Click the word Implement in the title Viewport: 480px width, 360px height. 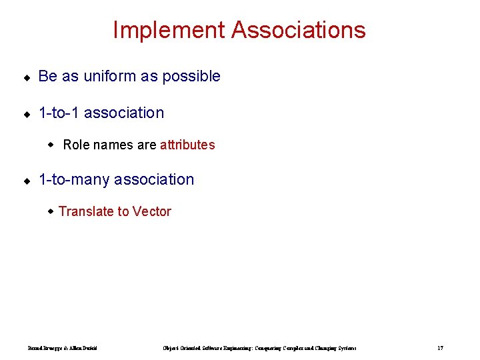pos(169,30)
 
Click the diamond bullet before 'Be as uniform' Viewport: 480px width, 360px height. pos(26,77)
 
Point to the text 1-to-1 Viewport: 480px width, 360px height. pos(59,113)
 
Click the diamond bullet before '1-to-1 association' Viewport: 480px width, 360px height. pos(26,114)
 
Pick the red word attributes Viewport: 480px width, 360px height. pos(187,145)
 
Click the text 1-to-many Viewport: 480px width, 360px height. pos(74,179)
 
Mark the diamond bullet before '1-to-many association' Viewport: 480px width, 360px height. pos(26,181)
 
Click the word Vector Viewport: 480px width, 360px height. pos(152,211)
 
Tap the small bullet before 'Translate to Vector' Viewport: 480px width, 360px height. pos(51,211)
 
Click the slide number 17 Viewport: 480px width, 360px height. pos(440,348)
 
